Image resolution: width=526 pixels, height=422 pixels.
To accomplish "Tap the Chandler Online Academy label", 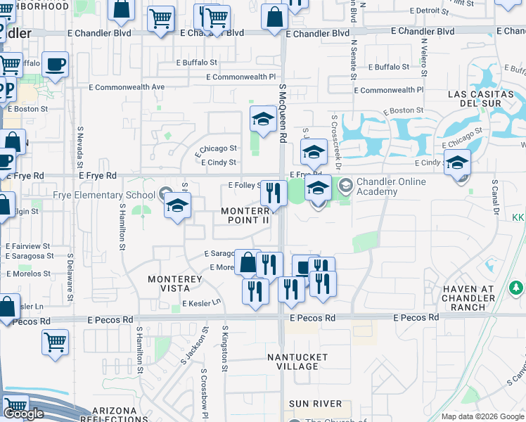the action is (x=391, y=187).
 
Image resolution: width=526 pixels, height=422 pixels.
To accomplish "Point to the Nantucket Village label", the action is (x=297, y=362).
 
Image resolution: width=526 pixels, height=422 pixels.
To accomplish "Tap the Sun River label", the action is (x=315, y=404).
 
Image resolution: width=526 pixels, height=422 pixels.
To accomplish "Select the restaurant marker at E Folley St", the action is (x=274, y=193).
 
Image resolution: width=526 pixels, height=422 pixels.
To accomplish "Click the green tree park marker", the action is (x=516, y=288).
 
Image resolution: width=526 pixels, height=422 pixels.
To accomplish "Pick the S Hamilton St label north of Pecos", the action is (x=122, y=227).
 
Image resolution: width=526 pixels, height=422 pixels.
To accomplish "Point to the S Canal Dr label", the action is (x=495, y=198).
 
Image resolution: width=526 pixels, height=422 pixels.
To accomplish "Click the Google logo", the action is (x=23, y=414).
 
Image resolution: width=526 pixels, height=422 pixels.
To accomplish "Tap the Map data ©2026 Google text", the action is (x=482, y=416).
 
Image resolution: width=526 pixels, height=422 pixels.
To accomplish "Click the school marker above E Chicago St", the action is (x=263, y=118).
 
